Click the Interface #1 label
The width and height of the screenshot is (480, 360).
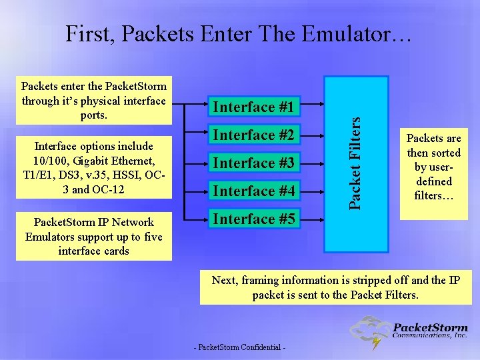(253, 107)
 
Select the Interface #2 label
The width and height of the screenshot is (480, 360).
(253, 135)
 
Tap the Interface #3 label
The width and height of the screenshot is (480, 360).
(253, 163)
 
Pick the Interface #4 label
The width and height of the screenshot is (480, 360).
(253, 191)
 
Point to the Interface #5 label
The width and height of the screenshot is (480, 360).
(253, 219)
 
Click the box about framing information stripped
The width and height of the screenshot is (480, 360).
(335, 287)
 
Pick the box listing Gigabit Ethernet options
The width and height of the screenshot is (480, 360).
(93, 167)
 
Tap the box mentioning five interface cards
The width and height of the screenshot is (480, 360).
(93, 236)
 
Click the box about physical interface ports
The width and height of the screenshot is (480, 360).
(93, 101)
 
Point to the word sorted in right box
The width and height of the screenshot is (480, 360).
(445, 153)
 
